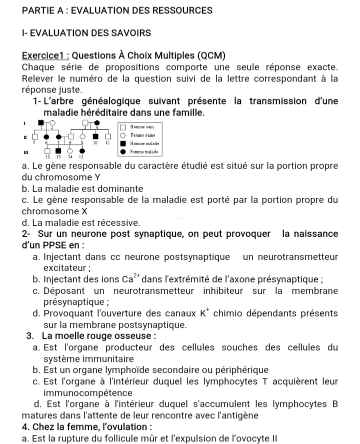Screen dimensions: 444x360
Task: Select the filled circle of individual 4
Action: click(x=97, y=122)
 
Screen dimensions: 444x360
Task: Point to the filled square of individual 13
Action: click(x=58, y=150)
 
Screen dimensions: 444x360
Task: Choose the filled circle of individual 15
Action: click(x=80, y=150)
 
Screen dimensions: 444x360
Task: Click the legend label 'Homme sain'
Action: click(x=141, y=127)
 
